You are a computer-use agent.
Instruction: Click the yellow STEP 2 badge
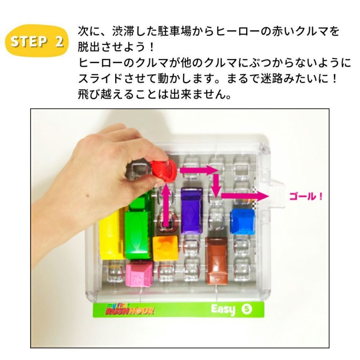click(37, 41)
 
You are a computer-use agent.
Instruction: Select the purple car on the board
click(192, 210)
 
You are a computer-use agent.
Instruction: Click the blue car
click(243, 221)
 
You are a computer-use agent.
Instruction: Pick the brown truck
click(216, 261)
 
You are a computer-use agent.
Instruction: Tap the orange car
click(165, 248)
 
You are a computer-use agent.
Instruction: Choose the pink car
click(139, 274)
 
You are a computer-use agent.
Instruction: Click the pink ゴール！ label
click(306, 197)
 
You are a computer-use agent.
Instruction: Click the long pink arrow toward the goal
click(245, 196)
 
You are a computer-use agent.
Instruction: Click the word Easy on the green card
click(223, 310)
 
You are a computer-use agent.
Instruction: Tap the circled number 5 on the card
click(247, 309)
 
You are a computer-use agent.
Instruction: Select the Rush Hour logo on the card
click(130, 309)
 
